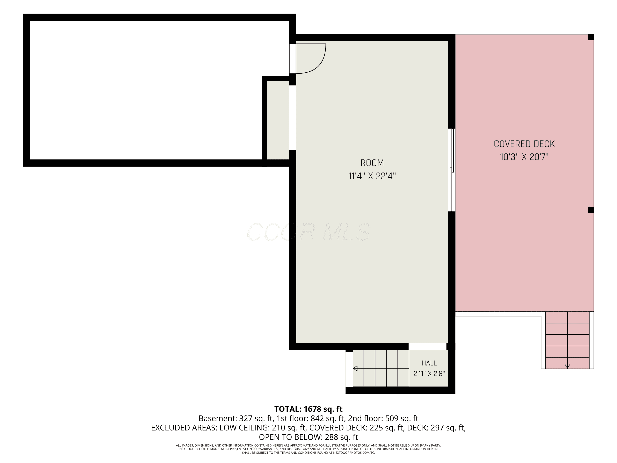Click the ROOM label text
[372, 163]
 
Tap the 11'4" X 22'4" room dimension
[372, 176]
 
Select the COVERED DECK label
[524, 144]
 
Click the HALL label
[429, 363]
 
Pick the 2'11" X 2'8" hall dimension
[429, 373]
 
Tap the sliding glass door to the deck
[452, 170]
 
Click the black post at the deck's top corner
[590, 37]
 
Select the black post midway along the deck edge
[590, 210]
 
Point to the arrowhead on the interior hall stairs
[355, 368]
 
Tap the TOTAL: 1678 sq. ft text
[308, 409]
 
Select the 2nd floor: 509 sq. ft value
[383, 418]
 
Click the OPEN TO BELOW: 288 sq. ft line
[308, 437]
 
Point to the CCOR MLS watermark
[308, 232]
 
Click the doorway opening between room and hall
[427, 346]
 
